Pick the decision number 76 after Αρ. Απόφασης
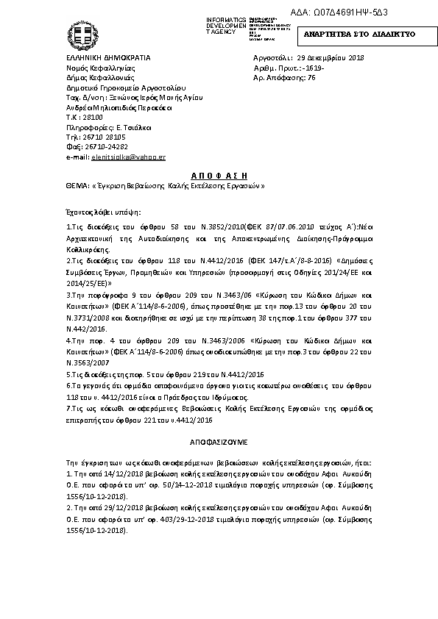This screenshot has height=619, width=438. [311, 77]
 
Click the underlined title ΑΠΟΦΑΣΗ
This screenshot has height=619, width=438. [219, 176]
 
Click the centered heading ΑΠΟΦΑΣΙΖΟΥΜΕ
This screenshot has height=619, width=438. [219, 444]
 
